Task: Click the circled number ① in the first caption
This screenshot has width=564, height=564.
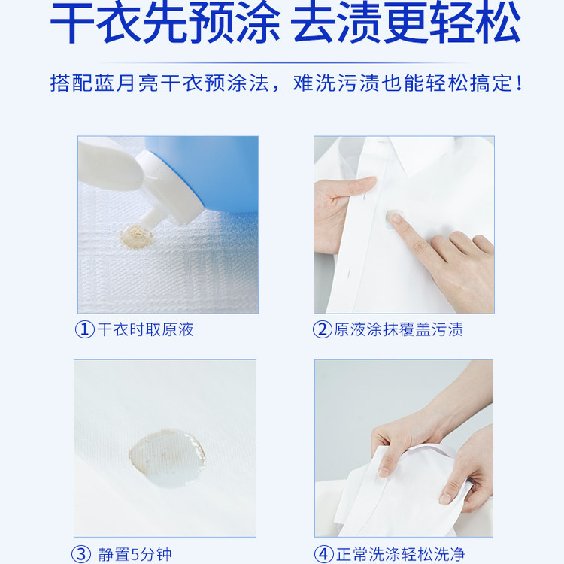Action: pos(84,329)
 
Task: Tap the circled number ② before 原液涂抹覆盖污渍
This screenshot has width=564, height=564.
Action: pos(322,329)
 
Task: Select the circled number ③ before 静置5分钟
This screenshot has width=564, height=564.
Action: pos(82,555)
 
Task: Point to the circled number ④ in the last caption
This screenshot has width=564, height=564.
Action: pos(323,555)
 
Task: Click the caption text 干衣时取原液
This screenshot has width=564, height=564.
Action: pos(145,329)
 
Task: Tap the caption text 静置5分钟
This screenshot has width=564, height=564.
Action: pos(135,555)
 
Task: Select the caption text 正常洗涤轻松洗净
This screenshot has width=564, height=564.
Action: pos(400,555)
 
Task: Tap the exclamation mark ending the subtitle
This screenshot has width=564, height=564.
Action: pos(517,82)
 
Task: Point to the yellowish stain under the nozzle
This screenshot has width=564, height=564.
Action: pos(136,235)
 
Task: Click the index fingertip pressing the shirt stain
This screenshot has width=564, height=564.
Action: pos(396,220)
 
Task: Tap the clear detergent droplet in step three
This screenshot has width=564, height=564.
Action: pos(166,450)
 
